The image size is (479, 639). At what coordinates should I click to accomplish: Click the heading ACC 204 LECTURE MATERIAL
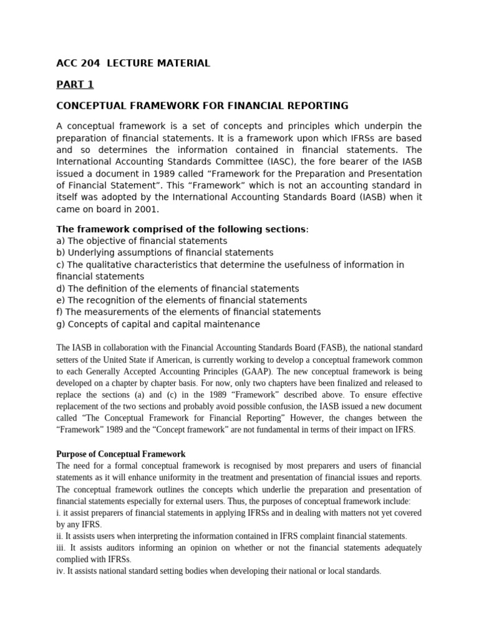pyautogui.click(x=133, y=63)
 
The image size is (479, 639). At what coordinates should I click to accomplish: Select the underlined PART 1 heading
pyautogui.click(x=75, y=84)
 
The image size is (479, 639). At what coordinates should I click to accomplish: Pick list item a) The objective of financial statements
pyautogui.click(x=142, y=240)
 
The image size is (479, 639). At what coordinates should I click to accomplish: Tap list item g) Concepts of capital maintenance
pyautogui.click(x=158, y=324)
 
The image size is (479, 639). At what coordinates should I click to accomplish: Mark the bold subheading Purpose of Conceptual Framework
pyautogui.click(x=121, y=454)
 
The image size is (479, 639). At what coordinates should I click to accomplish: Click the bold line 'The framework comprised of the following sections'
pyautogui.click(x=182, y=228)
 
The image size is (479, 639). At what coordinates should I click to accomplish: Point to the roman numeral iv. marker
pyautogui.click(x=61, y=571)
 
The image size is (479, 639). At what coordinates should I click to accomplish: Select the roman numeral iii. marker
pyautogui.click(x=62, y=548)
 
